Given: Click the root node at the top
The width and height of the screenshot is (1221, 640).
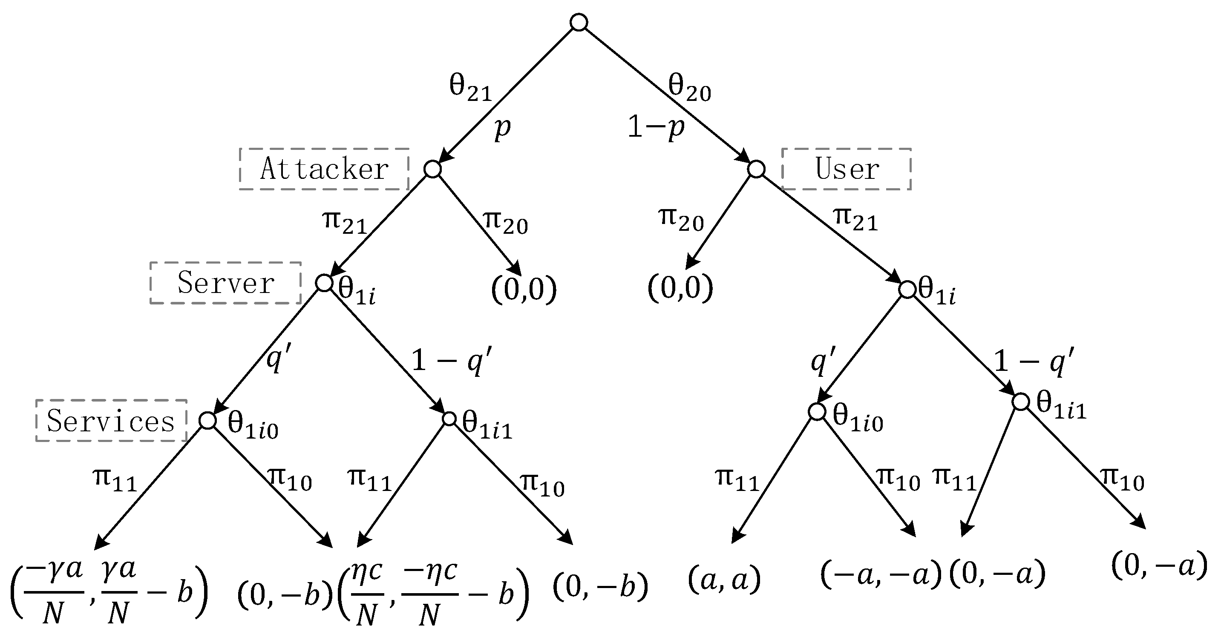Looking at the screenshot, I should click(x=579, y=22).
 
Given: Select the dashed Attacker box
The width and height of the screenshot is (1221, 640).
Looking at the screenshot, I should click(x=324, y=169).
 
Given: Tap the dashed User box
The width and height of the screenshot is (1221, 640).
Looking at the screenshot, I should click(x=846, y=169).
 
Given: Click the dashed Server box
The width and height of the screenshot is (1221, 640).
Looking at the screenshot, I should click(x=226, y=283).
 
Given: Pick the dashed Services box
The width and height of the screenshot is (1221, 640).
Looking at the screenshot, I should click(x=111, y=421).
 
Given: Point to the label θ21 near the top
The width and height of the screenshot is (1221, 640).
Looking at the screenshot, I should click(x=470, y=88).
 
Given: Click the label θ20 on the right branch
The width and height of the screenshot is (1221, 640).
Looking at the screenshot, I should click(x=689, y=88).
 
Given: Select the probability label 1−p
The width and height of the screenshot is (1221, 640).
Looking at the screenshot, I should click(x=656, y=127).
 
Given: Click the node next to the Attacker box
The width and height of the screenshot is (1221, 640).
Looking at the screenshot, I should click(x=432, y=169).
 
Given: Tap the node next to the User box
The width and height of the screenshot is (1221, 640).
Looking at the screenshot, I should click(x=756, y=169).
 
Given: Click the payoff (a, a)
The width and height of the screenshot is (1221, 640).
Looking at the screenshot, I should click(x=724, y=580).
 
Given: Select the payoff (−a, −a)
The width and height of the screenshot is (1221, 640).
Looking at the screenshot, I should click(x=881, y=574).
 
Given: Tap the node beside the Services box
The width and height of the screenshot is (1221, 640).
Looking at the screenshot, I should click(x=207, y=420).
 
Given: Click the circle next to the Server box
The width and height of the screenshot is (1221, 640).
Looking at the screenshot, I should click(x=324, y=283).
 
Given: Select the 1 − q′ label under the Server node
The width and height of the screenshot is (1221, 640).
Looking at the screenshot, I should click(x=452, y=361).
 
